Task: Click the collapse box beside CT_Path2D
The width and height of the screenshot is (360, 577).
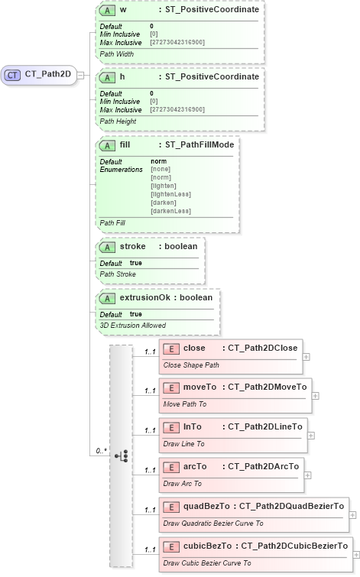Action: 81,75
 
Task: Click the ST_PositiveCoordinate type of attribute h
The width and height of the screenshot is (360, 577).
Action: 207,77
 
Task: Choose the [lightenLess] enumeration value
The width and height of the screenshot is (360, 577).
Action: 170,194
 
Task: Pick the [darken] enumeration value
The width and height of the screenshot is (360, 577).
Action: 164,203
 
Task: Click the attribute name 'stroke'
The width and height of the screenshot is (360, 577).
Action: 133,247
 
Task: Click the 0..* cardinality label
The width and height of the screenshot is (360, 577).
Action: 100,451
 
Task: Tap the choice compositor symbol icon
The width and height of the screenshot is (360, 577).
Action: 121,455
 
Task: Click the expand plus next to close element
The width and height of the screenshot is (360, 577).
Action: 306,356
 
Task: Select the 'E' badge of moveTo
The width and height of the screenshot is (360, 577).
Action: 172,387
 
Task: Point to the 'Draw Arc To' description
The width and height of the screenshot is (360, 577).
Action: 182,484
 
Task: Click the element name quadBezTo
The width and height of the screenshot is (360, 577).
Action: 207,506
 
